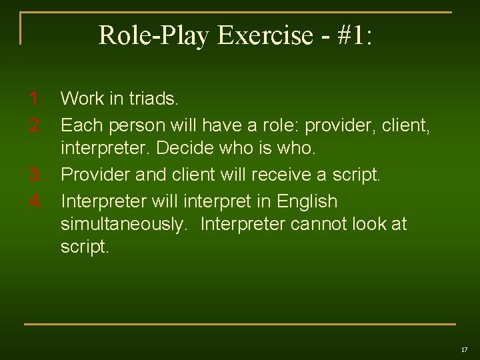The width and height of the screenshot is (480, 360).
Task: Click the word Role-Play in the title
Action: pyautogui.click(x=153, y=35)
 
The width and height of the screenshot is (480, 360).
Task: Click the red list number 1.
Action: pyautogui.click(x=36, y=99)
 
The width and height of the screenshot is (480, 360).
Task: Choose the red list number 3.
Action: pyautogui.click(x=36, y=175)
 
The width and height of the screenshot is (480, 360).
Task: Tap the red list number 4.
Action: pyautogui.click(x=36, y=201)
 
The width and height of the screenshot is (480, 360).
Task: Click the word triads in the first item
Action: pyautogui.click(x=151, y=99)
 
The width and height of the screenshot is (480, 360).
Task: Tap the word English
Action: pyautogui.click(x=307, y=201)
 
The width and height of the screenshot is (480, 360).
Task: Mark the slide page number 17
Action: pyautogui.click(x=464, y=349)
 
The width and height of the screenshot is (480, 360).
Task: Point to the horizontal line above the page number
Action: pyautogui.click(x=240, y=324)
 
